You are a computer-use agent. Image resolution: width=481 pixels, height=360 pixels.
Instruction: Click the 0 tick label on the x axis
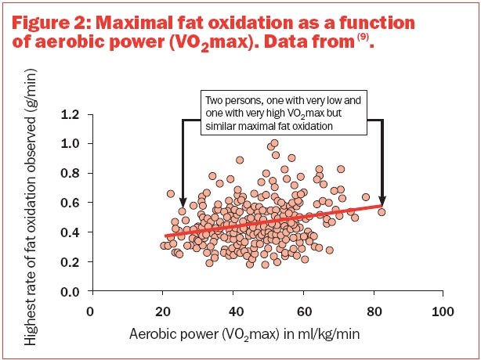coord(92,310)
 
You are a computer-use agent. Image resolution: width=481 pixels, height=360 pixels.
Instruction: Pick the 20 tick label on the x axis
coord(162,310)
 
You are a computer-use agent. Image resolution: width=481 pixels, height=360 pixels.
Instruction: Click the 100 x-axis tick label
coord(443,310)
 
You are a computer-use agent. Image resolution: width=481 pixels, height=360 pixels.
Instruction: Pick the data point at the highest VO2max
coord(382,212)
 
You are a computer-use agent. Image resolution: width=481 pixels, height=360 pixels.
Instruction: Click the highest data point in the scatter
coord(274,144)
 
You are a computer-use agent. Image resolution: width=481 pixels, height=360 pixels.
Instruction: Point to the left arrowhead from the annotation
coord(182,203)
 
